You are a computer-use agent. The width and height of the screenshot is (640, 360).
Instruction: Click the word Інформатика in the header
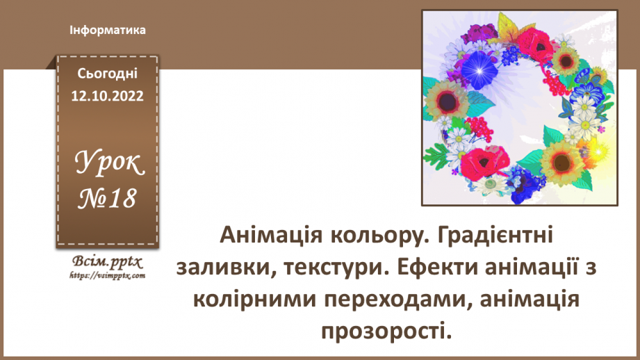108,31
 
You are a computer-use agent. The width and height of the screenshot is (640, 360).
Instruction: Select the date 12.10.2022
108,96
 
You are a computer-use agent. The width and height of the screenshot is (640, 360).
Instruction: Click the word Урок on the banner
108,166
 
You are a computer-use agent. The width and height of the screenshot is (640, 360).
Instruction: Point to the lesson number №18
108,200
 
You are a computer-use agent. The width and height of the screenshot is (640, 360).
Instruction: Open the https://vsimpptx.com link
107,275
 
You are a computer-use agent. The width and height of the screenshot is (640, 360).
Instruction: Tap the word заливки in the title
223,267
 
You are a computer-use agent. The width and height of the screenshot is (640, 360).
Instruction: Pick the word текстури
336,267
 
